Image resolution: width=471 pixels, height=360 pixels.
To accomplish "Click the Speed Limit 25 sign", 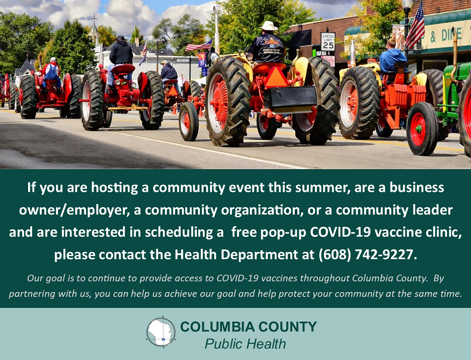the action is (328, 41).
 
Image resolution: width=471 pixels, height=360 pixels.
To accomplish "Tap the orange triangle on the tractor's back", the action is (276, 78).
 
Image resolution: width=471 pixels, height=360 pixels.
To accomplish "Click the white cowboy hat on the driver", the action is (269, 26).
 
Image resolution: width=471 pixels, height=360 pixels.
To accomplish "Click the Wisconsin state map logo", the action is (161, 332).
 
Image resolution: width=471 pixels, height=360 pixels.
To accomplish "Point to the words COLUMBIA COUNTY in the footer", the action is (249, 327).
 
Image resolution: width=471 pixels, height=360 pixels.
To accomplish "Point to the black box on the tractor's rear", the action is (290, 97).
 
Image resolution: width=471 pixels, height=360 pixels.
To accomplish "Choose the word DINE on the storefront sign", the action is (451, 34).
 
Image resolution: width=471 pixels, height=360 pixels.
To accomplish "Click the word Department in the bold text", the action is (259, 255).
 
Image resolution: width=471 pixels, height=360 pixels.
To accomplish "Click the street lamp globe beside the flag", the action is (407, 4).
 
